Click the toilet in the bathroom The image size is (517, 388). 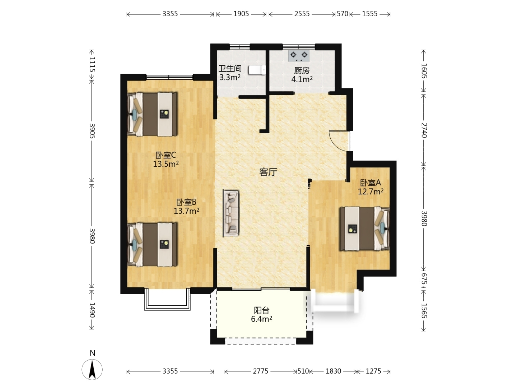(257, 70)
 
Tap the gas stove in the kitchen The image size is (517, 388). (299, 55)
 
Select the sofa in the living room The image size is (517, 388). (231, 213)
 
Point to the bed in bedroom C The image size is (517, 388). (152, 114)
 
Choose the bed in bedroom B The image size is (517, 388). (152, 245)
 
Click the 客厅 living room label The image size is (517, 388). (268, 172)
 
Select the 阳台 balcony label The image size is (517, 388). (261, 310)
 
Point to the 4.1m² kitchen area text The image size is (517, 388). (302, 79)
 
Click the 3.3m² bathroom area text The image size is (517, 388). (230, 77)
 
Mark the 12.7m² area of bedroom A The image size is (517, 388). (371, 191)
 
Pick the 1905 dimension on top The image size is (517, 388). (241, 14)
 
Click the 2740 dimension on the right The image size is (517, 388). (424, 130)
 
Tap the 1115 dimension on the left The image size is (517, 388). (92, 64)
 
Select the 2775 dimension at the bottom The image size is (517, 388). (261, 371)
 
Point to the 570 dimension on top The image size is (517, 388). (342, 14)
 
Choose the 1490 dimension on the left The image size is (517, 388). (92, 310)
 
